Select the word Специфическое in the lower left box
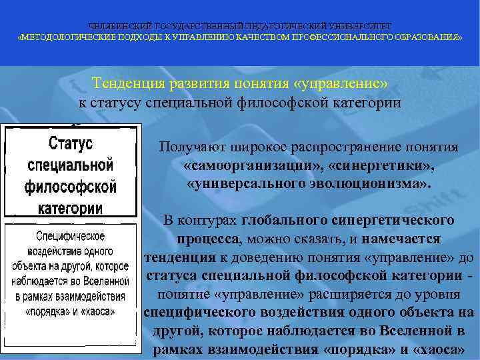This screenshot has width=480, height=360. tap(70, 236)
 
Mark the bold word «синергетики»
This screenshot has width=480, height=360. tap(378, 165)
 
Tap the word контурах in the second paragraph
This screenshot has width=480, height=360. tap(211, 219)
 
